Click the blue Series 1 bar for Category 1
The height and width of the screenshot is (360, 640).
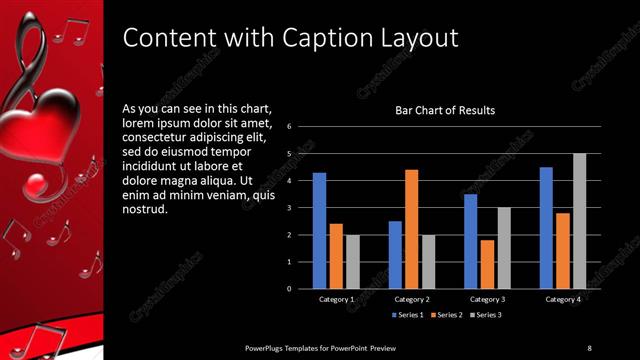[x=319, y=231]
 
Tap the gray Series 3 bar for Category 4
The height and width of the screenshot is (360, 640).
[x=580, y=221]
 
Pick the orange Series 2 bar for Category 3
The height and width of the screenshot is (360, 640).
[x=487, y=264]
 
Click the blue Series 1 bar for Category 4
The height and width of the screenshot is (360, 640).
[x=546, y=228]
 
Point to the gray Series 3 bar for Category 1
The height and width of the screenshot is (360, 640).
[x=352, y=262]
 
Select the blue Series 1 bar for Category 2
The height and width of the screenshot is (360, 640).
[x=395, y=255]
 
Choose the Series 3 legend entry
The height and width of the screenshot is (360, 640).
[x=486, y=315]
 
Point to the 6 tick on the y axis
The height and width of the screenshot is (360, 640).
[x=288, y=127]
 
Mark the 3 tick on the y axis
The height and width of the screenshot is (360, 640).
[x=288, y=208]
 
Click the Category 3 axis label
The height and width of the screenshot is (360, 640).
[x=488, y=299]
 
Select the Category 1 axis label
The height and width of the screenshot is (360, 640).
[x=336, y=299]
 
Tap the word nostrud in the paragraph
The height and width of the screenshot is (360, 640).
[x=144, y=210]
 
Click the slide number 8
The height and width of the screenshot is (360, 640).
[x=589, y=347]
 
